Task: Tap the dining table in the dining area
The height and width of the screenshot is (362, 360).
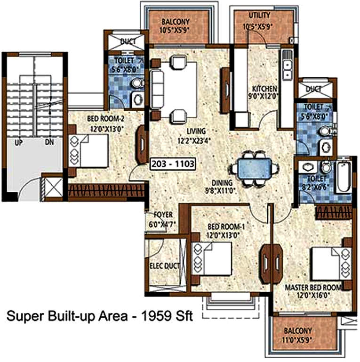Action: pos(255,168)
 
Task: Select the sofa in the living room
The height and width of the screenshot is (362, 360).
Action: pos(157,89)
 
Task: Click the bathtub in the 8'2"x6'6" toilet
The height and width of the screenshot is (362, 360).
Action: pos(343,177)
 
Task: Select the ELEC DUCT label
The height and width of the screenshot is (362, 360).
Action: pos(165,266)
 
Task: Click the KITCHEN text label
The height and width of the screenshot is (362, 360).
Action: pos(264,88)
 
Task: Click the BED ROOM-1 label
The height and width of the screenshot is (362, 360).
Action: pos(222,227)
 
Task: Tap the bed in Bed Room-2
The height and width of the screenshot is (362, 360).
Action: pos(88,150)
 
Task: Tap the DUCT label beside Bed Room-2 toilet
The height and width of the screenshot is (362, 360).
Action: pos(128,42)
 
